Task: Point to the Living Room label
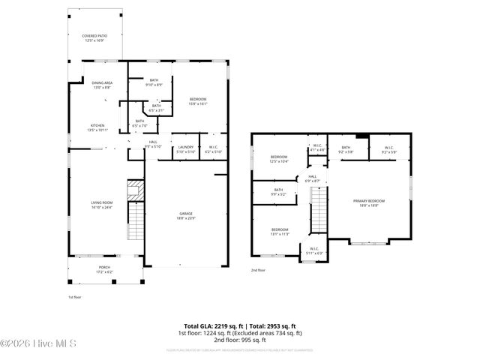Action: tap(102, 204)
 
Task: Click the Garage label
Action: tap(186, 215)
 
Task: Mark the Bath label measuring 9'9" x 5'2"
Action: tap(278, 192)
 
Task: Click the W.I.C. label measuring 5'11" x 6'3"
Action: tap(314, 251)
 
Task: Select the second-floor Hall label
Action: tap(313, 178)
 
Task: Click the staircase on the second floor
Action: tap(320, 210)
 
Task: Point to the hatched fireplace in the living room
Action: tap(133, 189)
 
